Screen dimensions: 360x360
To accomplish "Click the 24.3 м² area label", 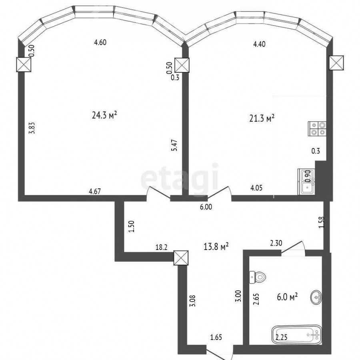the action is coord(104,115).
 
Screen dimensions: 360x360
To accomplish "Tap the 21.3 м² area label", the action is coord(262,118).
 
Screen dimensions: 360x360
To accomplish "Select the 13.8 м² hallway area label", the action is coord(216,246).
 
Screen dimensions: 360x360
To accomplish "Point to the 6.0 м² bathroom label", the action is coord(287,297).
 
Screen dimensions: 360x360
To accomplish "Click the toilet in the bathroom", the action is coord(257,277).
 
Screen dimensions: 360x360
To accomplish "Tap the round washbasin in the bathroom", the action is coord(316,298).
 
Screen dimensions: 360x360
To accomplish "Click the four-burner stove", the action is coord(317,128).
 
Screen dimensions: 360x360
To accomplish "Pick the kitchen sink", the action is coord(306,182).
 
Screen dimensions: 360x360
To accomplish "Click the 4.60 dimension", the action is coord(100,42).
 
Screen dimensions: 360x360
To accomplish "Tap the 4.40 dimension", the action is coord(259,44).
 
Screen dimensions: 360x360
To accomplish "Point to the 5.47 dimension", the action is coord(174,145).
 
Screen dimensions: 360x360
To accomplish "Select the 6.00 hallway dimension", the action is coord(206,207).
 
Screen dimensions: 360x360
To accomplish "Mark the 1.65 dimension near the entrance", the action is coord(216,338).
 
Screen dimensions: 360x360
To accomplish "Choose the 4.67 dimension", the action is coord(95,191).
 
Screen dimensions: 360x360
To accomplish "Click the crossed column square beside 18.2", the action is coord(181,258).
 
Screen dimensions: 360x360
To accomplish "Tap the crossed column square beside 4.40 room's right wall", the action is coord(336,63).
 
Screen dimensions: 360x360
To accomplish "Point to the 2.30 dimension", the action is coord(276,243).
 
